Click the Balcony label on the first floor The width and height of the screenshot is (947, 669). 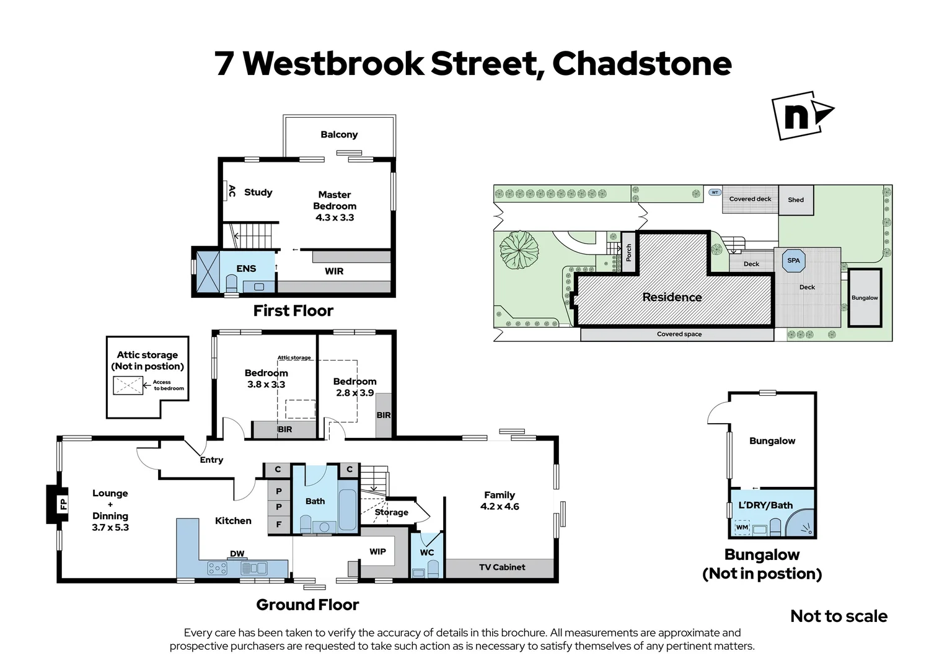pos(339,134)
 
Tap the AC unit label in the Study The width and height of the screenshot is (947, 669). pos(232,191)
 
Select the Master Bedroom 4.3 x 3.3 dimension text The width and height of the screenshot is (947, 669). pos(335,217)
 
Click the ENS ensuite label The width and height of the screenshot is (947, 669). pos(246,268)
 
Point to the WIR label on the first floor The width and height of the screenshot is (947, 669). pos(334,271)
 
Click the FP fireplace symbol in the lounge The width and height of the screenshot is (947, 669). pos(63,504)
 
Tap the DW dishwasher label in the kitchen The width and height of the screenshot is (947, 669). pos(237,554)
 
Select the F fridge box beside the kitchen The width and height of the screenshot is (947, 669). pos(279,524)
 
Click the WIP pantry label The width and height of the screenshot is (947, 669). pos(377,551)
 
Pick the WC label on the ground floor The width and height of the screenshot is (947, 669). pos(427,553)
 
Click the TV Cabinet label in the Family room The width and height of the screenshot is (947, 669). pos(502,567)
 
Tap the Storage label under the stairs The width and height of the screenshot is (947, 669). pos(392,512)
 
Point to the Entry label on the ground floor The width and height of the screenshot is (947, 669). pos(211,460)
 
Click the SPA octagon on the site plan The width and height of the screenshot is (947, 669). pos(794,261)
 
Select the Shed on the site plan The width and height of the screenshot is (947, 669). pos(796,200)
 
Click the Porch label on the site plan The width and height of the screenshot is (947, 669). pos(628,252)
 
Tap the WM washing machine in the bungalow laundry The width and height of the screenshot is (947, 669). pos(742,528)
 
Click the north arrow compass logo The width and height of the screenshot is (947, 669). pos(802,116)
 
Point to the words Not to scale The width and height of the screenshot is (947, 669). pos(839,616)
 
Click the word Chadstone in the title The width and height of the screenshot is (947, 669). pos(641,63)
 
